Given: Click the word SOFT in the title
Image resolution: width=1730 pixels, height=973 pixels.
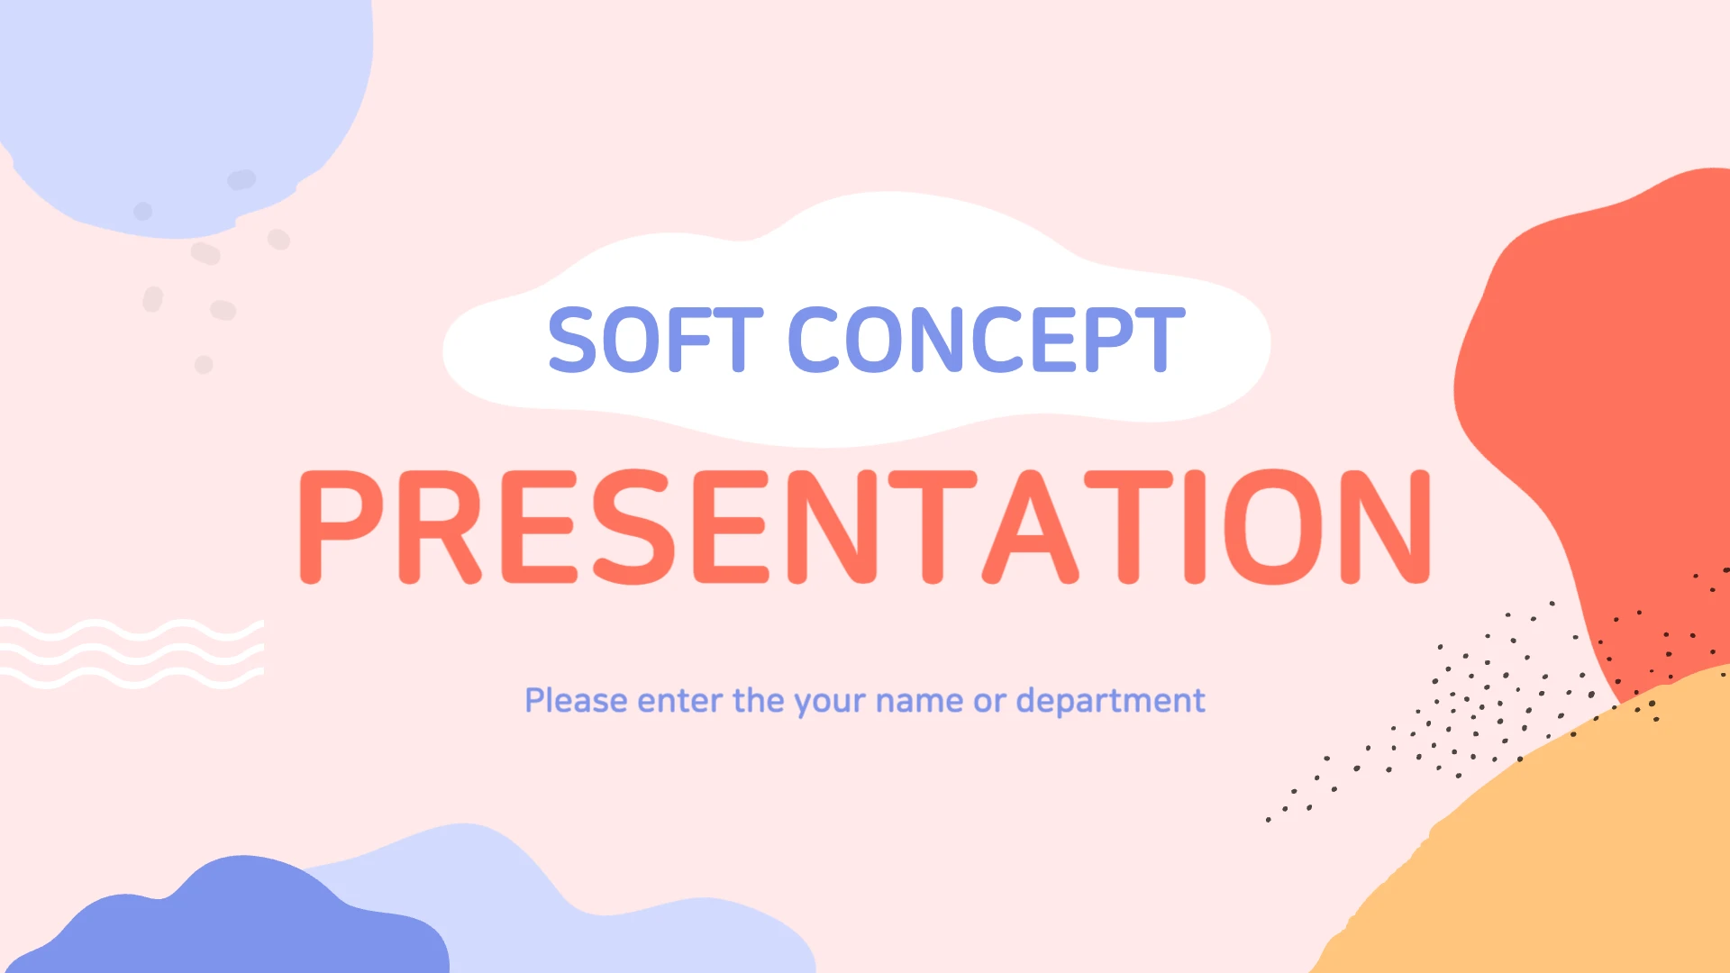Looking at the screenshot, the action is coord(655,340).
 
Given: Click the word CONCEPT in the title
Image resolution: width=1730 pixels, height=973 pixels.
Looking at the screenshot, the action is coord(987,340).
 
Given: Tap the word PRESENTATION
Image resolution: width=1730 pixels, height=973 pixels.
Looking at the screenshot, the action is coord(865,527).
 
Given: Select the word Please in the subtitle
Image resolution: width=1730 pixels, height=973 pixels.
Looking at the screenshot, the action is coord(576,700).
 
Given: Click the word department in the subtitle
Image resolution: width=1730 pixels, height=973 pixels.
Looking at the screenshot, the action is coord(1110,701).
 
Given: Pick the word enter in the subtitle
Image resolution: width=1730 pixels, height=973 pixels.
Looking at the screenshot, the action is coord(679,701).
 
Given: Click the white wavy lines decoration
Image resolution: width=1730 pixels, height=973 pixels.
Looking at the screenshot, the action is coord(132,654).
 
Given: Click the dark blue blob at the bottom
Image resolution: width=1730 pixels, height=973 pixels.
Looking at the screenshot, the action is coord(243,923).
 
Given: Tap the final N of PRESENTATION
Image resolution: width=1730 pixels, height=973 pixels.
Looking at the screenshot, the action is coord(1386,527).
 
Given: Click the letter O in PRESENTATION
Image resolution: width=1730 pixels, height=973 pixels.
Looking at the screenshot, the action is coord(1274,527).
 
